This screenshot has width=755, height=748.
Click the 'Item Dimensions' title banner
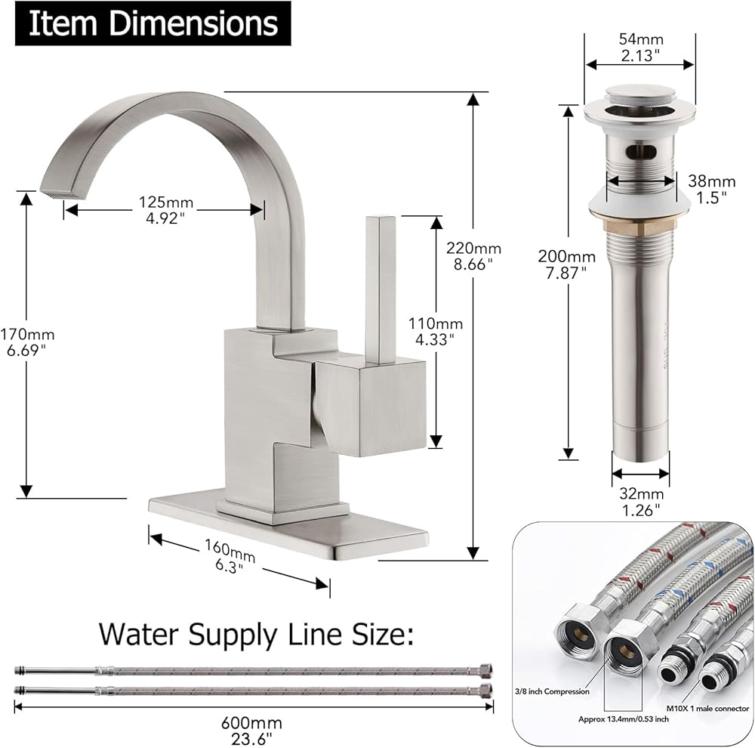[x=153, y=23]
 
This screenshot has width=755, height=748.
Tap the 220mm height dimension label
[x=473, y=256]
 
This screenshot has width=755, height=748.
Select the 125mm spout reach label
[x=165, y=209]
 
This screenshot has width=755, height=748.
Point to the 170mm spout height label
[x=27, y=342]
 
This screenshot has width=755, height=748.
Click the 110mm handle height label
[x=436, y=331]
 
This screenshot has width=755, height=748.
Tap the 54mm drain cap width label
[x=641, y=48]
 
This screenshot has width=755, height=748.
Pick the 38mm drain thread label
[x=712, y=189]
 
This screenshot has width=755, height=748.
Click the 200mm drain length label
[x=566, y=264]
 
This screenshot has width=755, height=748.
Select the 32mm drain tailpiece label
[x=641, y=502]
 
